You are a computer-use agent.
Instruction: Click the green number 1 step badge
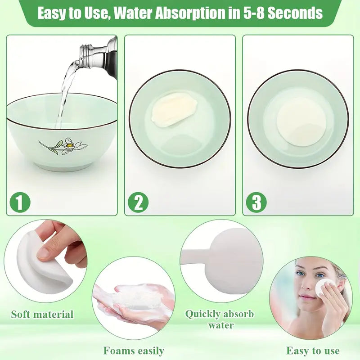[20, 202]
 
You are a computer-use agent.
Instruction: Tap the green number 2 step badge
[138, 202]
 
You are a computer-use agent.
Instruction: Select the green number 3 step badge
[256, 202]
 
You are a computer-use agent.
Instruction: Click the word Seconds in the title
[295, 13]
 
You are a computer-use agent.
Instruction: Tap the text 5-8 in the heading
[253, 13]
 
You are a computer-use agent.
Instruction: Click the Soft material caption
[42, 314]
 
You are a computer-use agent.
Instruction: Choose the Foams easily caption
[134, 351]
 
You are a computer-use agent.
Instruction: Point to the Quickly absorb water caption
[220, 319]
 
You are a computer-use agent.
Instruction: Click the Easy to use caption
[313, 351]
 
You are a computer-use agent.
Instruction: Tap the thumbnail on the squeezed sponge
[44, 253]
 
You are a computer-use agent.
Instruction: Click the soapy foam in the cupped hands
[135, 296]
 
